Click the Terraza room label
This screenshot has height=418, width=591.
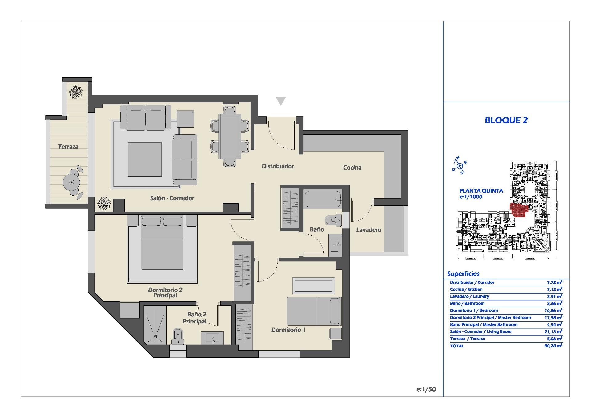[x=68, y=147]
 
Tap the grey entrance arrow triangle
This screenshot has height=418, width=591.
[x=280, y=101]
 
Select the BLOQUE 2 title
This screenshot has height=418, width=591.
[x=506, y=120]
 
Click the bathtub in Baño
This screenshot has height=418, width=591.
[x=323, y=199]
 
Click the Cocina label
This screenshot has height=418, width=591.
[x=352, y=168]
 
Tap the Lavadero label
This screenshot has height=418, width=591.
[x=368, y=230]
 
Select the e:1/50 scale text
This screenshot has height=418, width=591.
[x=426, y=389]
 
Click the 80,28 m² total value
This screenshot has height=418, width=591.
[x=553, y=346]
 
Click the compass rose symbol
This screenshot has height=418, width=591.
[x=460, y=166]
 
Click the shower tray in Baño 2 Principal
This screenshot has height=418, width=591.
[x=155, y=325]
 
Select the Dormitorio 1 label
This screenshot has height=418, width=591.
[x=288, y=330]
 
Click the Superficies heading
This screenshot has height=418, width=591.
[x=463, y=274]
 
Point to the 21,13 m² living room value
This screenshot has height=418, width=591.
[x=553, y=331]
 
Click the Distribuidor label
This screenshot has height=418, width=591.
[x=278, y=166]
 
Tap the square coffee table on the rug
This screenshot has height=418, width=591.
[x=145, y=159]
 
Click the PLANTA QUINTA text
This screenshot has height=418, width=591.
[x=481, y=191]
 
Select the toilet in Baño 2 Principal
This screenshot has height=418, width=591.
[x=178, y=337]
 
